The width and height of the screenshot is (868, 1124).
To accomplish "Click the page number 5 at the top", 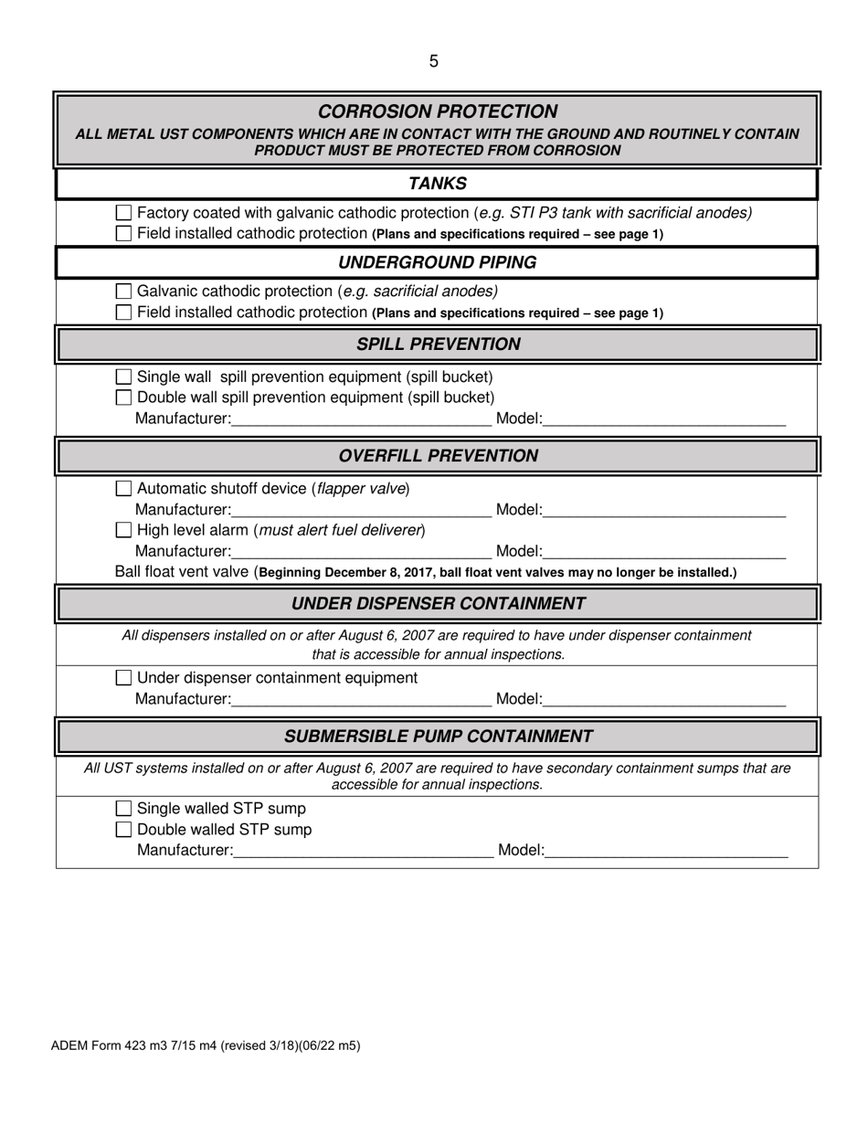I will click(433, 61).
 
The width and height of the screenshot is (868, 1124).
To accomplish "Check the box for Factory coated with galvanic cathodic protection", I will click(124, 213).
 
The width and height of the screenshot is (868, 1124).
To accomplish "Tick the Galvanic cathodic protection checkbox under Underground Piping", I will click(124, 292).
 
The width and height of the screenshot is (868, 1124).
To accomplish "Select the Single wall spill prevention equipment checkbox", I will click(124, 376).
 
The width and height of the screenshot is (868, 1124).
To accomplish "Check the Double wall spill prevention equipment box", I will click(124, 398).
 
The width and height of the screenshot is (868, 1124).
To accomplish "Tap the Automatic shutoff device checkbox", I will click(124, 489).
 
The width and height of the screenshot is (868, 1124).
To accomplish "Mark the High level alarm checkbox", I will click(124, 530).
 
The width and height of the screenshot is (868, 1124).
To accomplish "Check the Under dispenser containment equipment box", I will click(124, 678).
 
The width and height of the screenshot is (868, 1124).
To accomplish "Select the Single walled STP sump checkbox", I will click(124, 809).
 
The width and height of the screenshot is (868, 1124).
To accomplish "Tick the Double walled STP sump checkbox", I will click(124, 830).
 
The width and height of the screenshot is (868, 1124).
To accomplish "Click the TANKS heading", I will click(437, 184).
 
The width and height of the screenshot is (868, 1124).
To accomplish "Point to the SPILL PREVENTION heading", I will click(438, 345).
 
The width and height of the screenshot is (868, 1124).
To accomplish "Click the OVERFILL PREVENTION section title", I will click(438, 456).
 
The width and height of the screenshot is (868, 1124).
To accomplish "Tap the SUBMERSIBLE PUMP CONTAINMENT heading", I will click(438, 737).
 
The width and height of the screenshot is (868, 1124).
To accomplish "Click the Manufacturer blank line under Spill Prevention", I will click(361, 420).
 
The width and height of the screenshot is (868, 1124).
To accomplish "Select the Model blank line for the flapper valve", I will click(664, 511).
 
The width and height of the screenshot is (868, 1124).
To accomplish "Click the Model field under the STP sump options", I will click(666, 852).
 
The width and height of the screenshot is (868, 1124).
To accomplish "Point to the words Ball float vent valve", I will click(182, 572).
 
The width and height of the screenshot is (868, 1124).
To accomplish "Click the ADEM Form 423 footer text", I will click(205, 1045).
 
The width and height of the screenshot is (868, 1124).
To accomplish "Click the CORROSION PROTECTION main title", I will click(438, 111).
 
